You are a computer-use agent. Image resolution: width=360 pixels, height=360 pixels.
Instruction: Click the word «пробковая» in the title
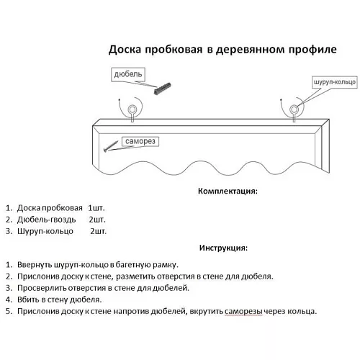coord(174,50)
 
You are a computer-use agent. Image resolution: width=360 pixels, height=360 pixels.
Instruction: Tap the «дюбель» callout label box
coord(128,74)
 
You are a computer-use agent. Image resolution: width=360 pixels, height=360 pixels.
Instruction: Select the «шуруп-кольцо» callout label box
coord(335,82)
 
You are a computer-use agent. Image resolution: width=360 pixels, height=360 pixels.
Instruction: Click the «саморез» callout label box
coord(140,141)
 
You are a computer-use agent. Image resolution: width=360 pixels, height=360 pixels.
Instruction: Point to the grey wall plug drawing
coord(162,89)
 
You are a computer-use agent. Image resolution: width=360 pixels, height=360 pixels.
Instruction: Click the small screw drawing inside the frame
coord(111,146)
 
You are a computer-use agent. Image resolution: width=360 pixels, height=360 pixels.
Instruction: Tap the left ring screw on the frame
coord(132,112)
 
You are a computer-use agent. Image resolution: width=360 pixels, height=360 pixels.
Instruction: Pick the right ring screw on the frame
coord(294,112)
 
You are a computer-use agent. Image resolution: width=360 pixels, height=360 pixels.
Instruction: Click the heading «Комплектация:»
coord(228,191)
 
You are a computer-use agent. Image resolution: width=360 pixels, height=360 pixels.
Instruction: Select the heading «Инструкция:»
coord(223,248)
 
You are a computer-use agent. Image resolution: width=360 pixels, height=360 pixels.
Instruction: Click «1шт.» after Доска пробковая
coord(96,208)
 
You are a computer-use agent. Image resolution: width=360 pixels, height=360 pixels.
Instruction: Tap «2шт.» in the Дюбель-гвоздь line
coord(97,220)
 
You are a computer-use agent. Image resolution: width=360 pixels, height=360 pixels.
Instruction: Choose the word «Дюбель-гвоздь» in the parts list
coord(47,220)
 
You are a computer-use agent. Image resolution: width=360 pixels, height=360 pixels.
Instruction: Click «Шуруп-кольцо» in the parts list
coord(45,231)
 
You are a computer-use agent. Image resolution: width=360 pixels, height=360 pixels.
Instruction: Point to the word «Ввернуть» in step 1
coord(35,265)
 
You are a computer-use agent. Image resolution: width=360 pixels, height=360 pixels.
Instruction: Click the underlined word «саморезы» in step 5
coord(243,312)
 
